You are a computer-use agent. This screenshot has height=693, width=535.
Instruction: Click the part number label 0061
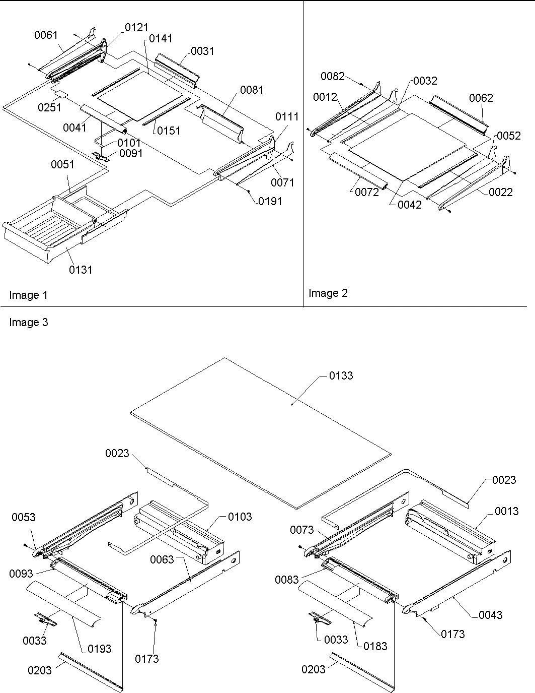coord(46,35)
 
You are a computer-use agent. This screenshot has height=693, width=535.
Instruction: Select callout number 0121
coord(136,28)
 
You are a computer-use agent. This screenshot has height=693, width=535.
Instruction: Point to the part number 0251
coord(49,107)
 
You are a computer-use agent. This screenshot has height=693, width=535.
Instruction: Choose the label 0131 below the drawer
coord(81,270)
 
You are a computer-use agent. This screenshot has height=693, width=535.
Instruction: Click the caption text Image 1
coord(28,295)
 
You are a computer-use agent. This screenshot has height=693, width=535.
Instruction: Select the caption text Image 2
coord(328,293)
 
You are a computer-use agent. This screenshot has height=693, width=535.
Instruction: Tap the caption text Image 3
coord(28,323)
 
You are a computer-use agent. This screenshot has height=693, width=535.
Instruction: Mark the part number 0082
coord(333,76)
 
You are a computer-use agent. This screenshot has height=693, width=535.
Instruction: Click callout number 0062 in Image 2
coord(481,98)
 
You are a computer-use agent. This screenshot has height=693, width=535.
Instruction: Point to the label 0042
coord(409,205)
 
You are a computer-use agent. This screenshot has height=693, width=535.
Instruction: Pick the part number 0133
coord(341,375)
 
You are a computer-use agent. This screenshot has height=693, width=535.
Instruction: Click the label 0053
coord(23,517)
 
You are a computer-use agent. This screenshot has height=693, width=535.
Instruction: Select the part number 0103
coord(240,517)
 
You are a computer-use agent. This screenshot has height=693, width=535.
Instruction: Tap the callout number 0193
coord(100,648)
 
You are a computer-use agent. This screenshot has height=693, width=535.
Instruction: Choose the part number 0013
coord(506,511)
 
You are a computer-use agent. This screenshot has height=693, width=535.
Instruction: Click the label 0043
coord(490,614)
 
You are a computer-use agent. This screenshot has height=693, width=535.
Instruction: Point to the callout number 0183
coord(375,646)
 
